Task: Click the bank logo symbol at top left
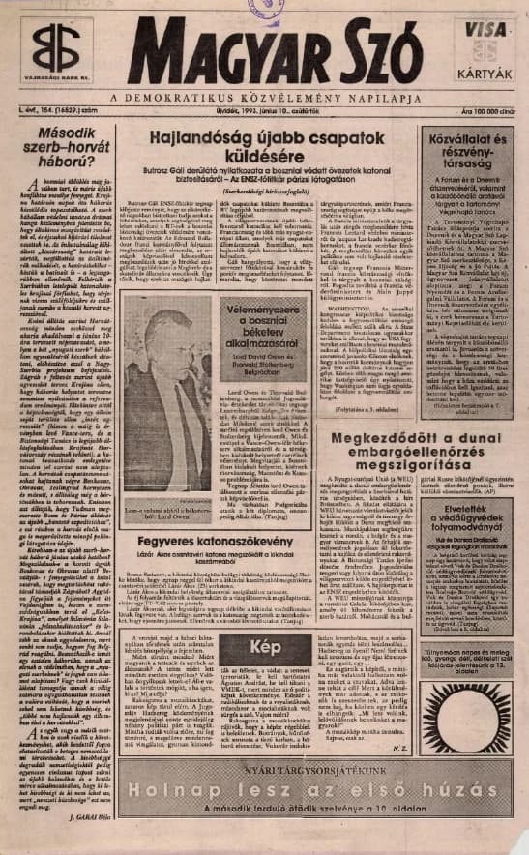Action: pyautogui.click(x=55, y=48)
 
